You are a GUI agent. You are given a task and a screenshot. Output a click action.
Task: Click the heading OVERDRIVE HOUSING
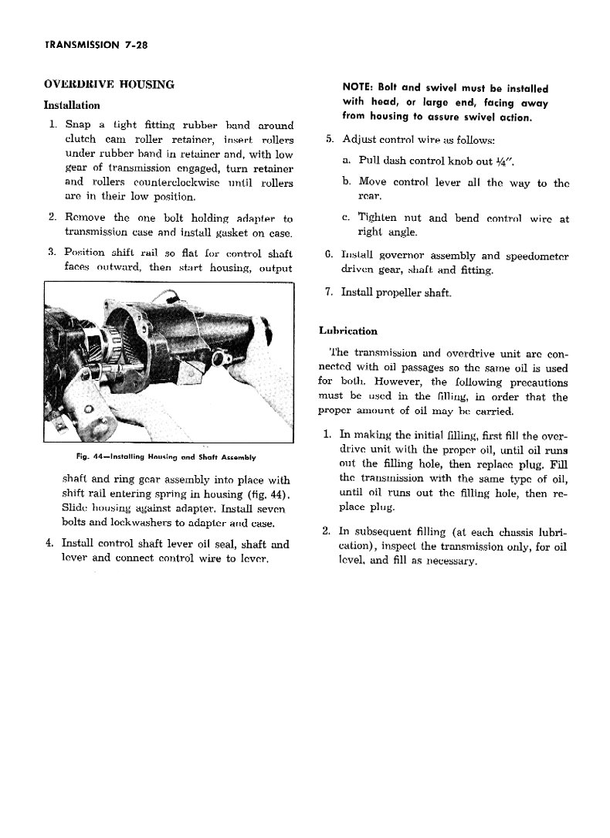(x=109, y=84)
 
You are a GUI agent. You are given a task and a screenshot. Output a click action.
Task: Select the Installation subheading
(x=72, y=104)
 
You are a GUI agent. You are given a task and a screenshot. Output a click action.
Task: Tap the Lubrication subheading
(x=348, y=331)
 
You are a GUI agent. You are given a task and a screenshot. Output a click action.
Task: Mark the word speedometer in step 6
(x=534, y=256)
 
